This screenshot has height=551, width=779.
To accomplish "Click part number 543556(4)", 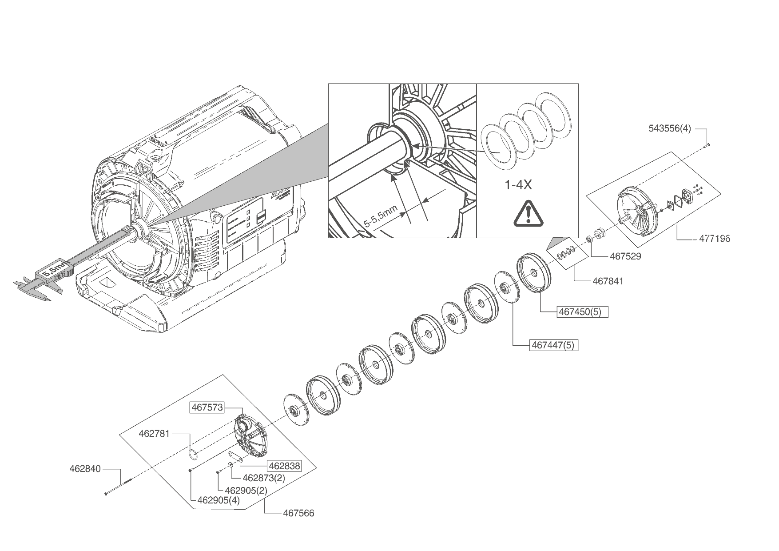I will pyautogui.click(x=670, y=129).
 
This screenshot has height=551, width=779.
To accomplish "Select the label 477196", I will pyautogui.click(x=715, y=239).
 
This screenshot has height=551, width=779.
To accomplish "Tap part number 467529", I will pyautogui.click(x=625, y=256).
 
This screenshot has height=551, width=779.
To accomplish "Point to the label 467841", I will pyautogui.click(x=608, y=281).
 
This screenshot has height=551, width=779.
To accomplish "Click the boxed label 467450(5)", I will pyautogui.click(x=582, y=312).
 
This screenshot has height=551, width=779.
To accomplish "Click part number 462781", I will pyautogui.click(x=154, y=433).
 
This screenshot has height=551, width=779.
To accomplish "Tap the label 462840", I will pyautogui.click(x=85, y=468).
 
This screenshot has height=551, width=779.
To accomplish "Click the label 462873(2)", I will pyautogui.click(x=264, y=478).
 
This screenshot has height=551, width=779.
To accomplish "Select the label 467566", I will pyautogui.click(x=298, y=513).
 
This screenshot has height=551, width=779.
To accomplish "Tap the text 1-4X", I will pyautogui.click(x=518, y=185).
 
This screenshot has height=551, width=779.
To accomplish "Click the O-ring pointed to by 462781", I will pyautogui.click(x=192, y=454).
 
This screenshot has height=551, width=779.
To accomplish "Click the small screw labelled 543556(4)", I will pyautogui.click(x=707, y=144).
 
